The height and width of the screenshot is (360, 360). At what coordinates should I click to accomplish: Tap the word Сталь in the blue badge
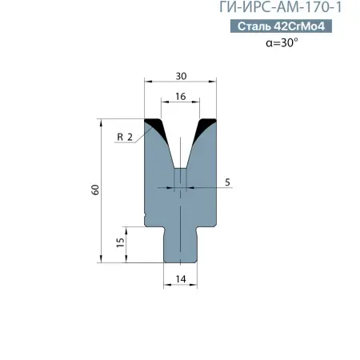(x=255, y=28)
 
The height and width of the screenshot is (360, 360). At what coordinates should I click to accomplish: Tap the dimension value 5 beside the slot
(x=228, y=182)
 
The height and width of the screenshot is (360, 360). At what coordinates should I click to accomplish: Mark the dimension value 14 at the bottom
(x=181, y=278)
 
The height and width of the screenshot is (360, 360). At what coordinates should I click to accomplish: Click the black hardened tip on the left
(x=154, y=126)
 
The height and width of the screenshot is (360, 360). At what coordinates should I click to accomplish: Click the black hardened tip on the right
(x=208, y=126)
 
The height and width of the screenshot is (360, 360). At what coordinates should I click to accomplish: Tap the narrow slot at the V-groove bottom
(x=182, y=178)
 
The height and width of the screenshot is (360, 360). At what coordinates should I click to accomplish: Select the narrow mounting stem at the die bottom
(x=182, y=244)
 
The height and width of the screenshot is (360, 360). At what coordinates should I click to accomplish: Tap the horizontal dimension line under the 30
(x=182, y=81)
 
